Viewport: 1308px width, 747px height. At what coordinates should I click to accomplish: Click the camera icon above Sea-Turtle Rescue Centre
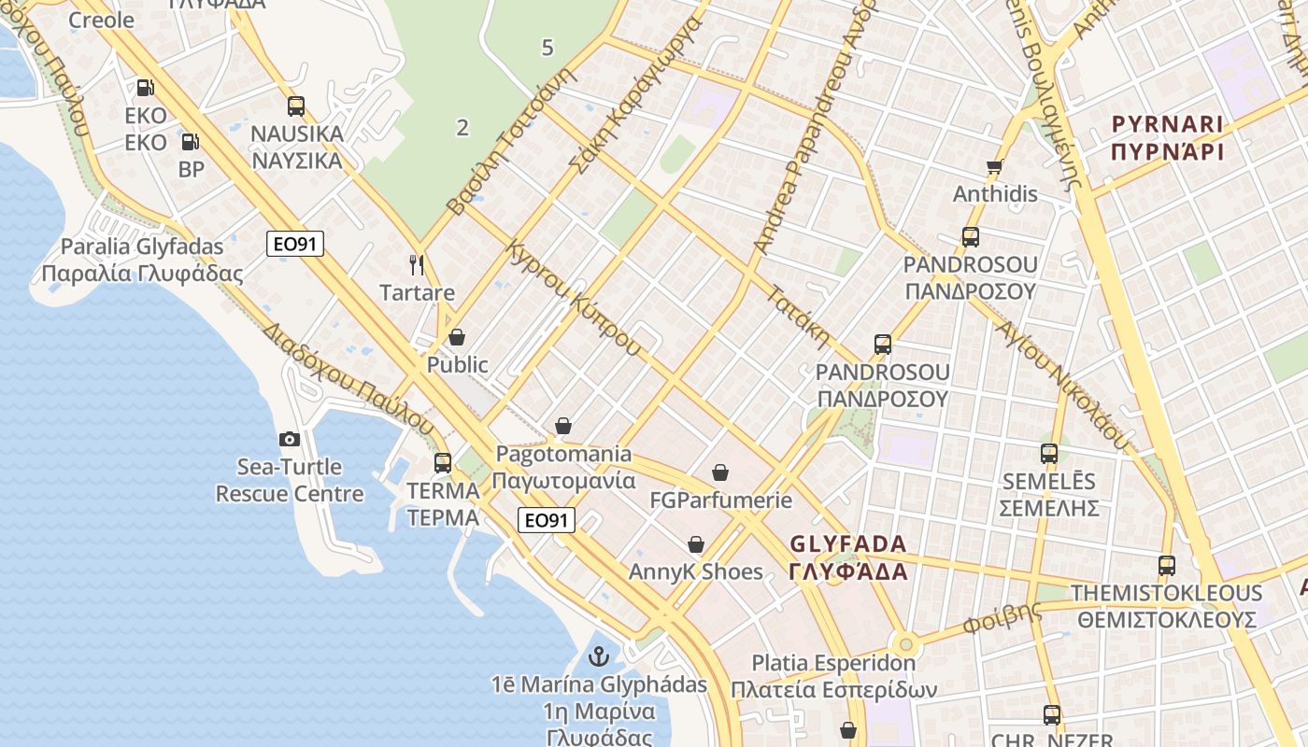click(290, 439)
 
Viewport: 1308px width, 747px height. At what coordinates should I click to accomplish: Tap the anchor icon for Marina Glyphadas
click(599, 656)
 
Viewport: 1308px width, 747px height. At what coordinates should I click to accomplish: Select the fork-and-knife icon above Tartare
click(417, 265)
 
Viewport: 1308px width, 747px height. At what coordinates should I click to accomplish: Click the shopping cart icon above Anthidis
click(994, 168)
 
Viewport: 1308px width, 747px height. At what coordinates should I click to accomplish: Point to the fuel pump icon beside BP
click(190, 142)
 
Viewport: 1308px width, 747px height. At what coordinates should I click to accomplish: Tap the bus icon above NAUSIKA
click(296, 106)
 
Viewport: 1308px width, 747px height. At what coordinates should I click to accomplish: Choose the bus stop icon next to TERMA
click(443, 462)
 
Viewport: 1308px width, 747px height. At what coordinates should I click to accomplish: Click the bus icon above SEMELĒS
click(1049, 454)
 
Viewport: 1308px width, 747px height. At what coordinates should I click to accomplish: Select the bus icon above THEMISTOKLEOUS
click(1167, 565)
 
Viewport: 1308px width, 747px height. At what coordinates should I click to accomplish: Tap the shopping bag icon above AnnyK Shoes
click(696, 544)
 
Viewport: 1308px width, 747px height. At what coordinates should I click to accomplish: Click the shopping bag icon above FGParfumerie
click(720, 473)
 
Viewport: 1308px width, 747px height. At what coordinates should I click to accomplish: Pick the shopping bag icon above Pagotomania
click(563, 427)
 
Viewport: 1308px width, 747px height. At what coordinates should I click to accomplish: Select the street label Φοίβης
click(1002, 618)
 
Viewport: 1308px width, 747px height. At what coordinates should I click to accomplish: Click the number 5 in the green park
click(547, 48)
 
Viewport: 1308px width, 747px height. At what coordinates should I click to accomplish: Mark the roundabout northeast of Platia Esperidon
click(904, 644)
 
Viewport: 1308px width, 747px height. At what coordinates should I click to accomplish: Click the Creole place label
click(102, 21)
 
